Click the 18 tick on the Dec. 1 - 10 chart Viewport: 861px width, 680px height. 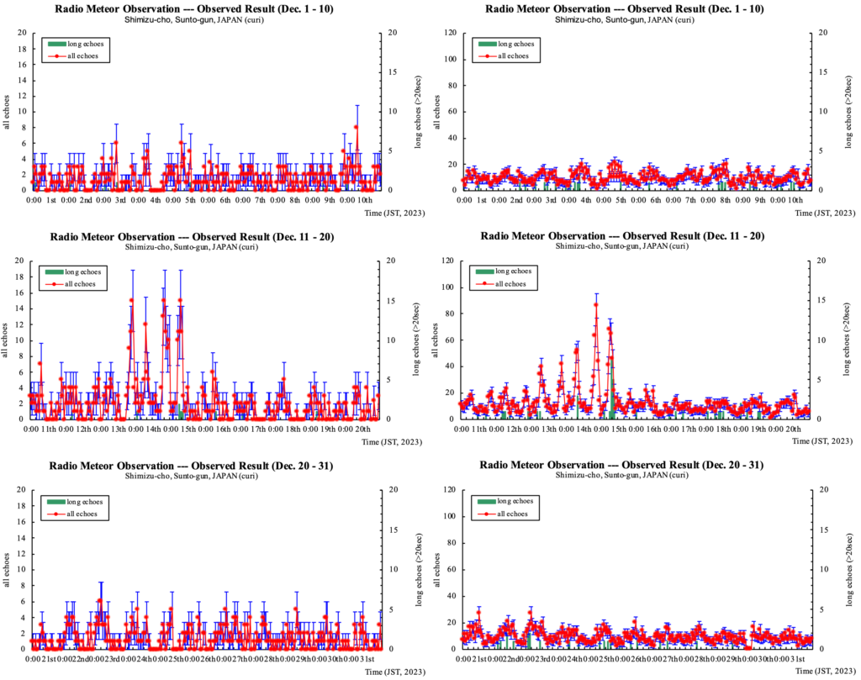click(22, 48)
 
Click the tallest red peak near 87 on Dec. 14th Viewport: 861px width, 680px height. click(595, 304)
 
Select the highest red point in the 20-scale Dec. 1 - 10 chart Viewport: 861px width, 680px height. click(357, 127)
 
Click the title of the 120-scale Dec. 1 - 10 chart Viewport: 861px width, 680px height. click(623, 9)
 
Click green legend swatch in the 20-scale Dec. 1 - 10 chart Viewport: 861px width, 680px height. click(57, 43)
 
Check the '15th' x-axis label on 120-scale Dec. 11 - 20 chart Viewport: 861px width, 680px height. click(628, 429)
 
